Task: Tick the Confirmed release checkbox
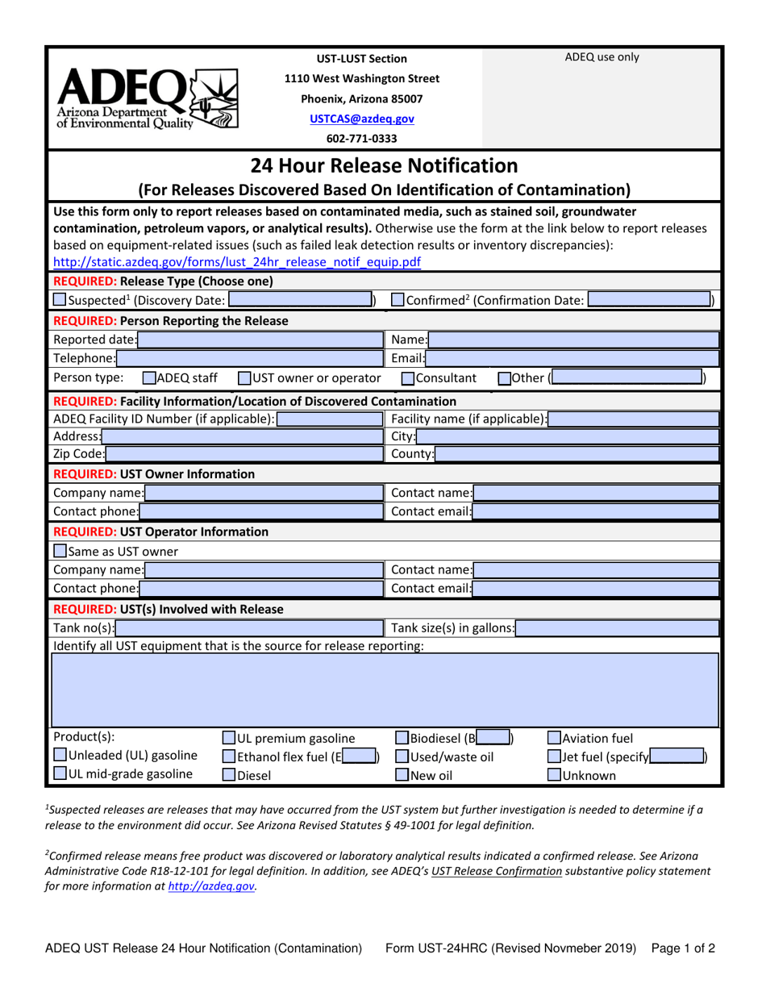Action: click(x=398, y=301)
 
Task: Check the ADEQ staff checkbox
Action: click(x=149, y=377)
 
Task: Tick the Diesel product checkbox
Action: click(x=229, y=776)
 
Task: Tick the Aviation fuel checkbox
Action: click(x=555, y=737)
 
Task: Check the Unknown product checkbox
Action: click(x=555, y=776)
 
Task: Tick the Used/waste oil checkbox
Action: click(x=402, y=757)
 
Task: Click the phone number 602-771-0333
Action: click(x=361, y=138)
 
